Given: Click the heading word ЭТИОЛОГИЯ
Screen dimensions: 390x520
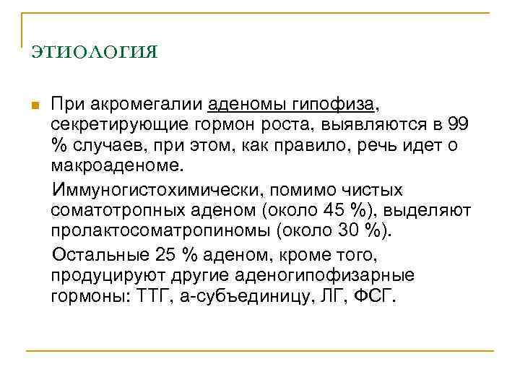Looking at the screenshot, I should pyautogui.click(x=95, y=53).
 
